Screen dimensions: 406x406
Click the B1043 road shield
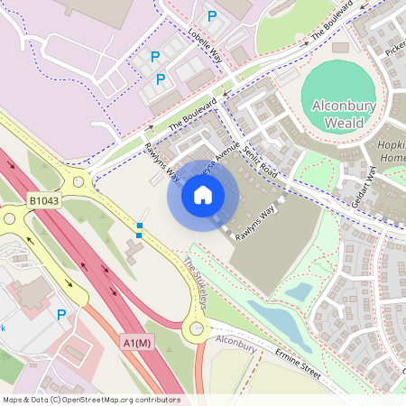tap(43, 200)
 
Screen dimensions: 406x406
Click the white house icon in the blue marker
tap(203, 195)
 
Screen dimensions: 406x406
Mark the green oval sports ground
tap(338, 95)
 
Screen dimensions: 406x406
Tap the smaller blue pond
tap(298, 292)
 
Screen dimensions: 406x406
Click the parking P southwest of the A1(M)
tap(61, 315)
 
